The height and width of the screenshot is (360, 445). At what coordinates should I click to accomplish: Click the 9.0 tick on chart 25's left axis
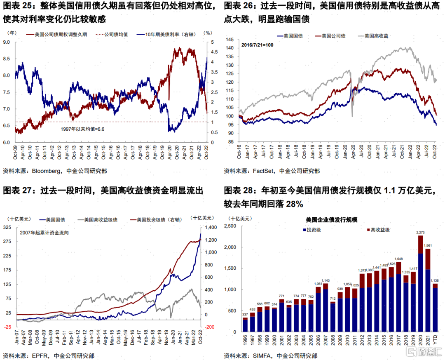[x=7, y=42]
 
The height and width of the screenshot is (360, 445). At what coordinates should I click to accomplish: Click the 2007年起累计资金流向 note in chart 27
[x=44, y=233]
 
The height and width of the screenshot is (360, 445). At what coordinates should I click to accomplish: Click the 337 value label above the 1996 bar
[x=245, y=315]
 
